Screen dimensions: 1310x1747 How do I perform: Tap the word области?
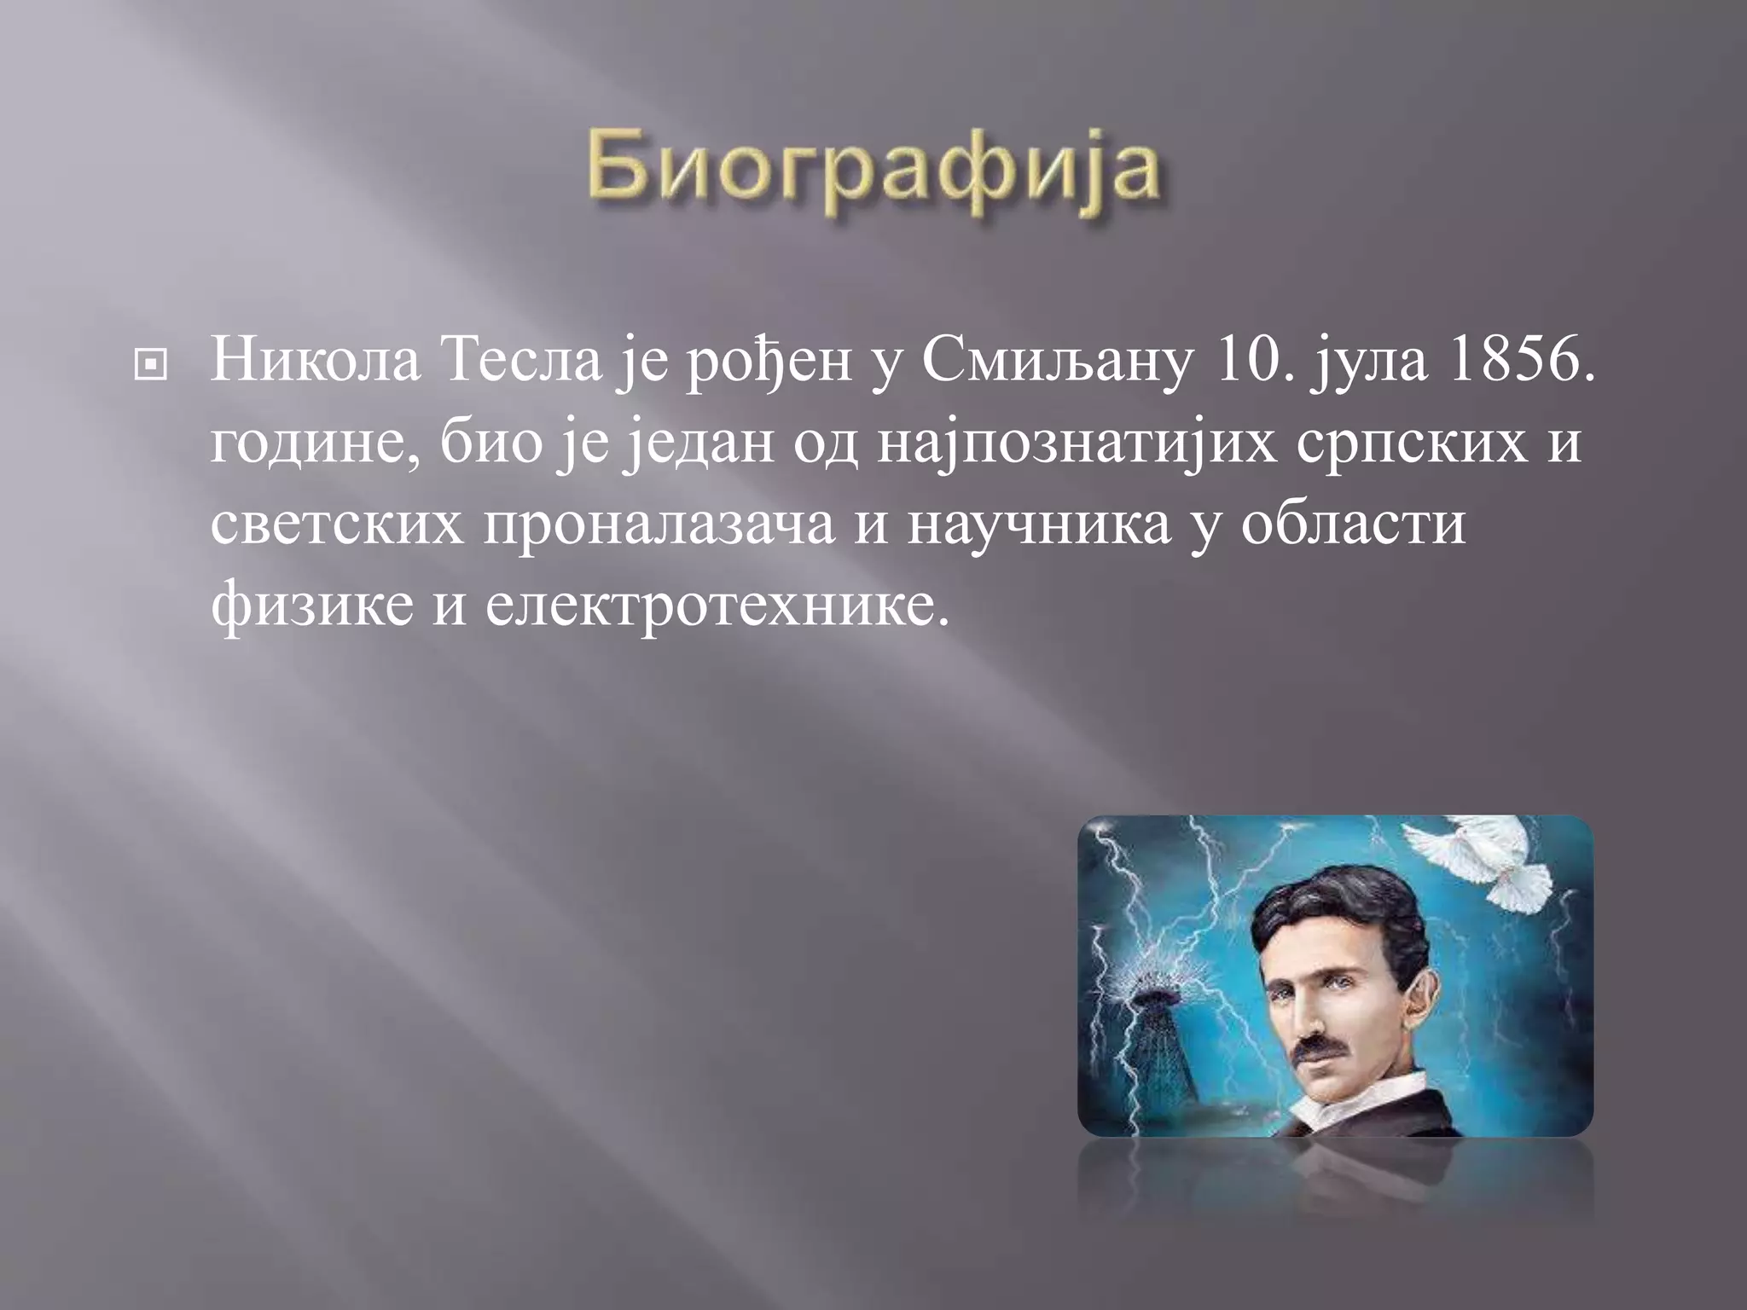[1354, 524]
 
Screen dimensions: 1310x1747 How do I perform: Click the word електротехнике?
[717, 606]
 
